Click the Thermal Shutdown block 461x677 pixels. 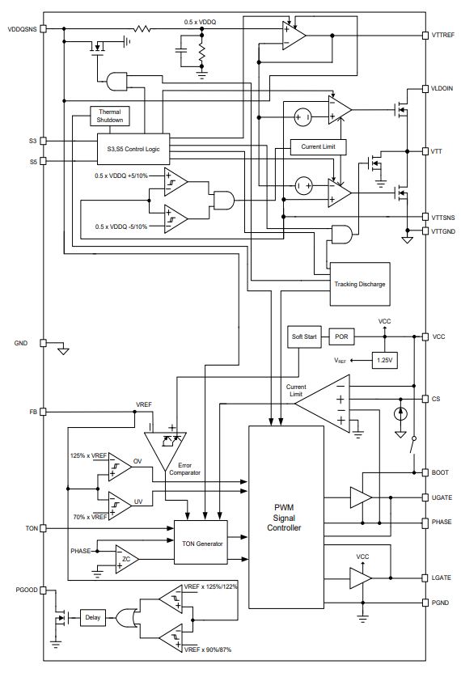(x=110, y=116)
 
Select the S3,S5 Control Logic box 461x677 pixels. (x=133, y=149)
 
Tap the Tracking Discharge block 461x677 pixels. (x=360, y=284)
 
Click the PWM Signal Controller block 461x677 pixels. (x=286, y=517)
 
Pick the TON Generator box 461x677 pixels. (x=201, y=542)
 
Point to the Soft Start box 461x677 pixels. (x=304, y=336)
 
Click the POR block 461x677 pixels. (x=341, y=336)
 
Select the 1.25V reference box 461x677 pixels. (x=384, y=360)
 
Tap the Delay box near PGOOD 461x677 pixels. (x=93, y=618)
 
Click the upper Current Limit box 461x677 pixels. (x=318, y=146)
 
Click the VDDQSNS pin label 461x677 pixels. (x=23, y=29)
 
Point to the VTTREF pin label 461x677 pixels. (x=443, y=35)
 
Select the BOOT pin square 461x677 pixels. (x=425, y=472)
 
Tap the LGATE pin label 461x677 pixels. (x=441, y=578)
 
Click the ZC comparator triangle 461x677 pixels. (x=126, y=559)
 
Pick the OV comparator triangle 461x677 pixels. (x=119, y=467)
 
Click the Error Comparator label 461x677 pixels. (x=184, y=469)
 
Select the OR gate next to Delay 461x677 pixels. (x=127, y=618)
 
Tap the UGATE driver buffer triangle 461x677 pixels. (x=361, y=497)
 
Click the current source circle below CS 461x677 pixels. (x=400, y=413)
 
